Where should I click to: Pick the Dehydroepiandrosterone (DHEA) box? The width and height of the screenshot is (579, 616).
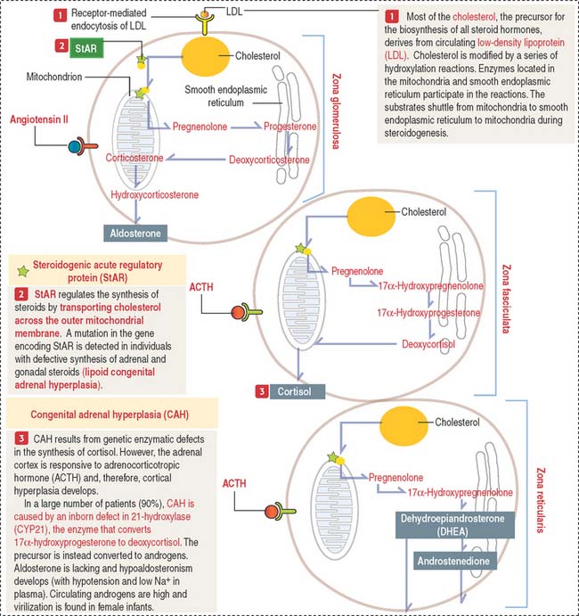pos(454,522)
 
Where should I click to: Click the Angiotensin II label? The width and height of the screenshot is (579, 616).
pos(40,119)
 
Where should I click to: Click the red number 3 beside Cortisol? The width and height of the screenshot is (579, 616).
pos(261,390)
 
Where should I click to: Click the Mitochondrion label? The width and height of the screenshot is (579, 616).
pos(54,78)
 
